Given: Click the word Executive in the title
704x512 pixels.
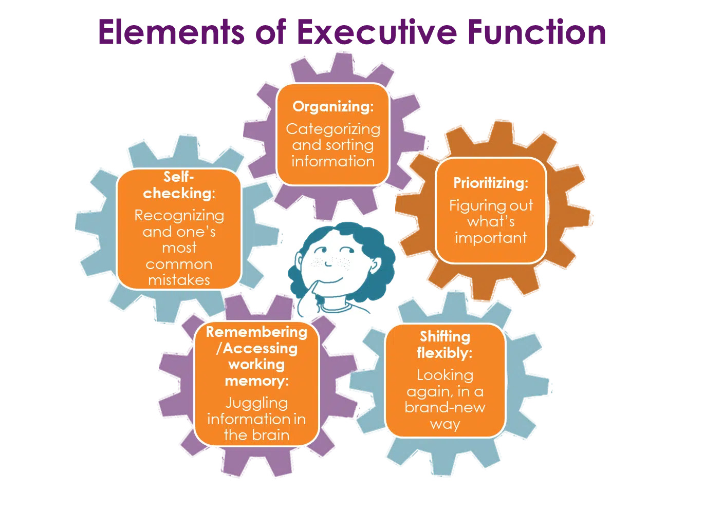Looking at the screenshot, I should tap(377, 32).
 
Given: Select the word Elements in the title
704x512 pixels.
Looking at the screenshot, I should tap(171, 32).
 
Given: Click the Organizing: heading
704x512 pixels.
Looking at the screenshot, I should tap(333, 106).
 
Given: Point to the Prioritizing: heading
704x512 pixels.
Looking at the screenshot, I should tap(491, 183).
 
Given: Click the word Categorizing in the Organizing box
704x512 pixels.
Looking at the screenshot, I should tap(333, 129).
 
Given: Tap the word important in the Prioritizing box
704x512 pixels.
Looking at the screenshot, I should tap(491, 238).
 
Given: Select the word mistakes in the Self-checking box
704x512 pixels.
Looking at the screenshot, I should tap(179, 280).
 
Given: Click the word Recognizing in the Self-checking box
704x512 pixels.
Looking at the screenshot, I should tap(179, 215).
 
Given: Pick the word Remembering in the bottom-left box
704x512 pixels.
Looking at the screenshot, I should tap(256, 332).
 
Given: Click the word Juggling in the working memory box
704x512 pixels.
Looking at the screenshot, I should tap(256, 403).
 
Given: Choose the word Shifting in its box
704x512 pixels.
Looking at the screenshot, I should tap(445, 336).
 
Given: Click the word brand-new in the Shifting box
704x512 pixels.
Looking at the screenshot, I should tap(445, 407).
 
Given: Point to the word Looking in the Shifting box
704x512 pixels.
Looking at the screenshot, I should tap(445, 375).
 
